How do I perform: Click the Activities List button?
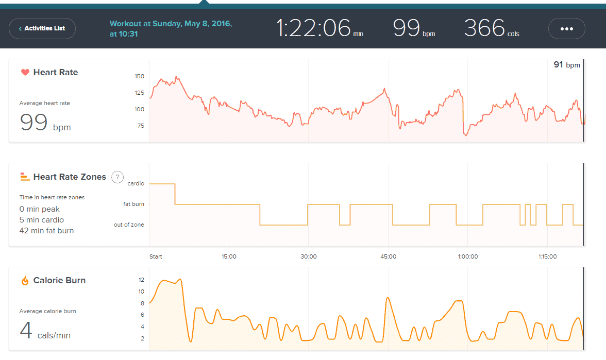tap(42, 28)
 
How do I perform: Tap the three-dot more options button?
tap(566, 29)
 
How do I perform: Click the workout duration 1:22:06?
tap(314, 28)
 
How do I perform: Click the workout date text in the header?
tap(171, 29)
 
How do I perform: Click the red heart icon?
tap(25, 73)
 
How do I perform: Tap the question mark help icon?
tap(117, 177)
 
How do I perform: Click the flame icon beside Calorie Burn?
tap(25, 281)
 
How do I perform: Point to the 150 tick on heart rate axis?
tap(139, 76)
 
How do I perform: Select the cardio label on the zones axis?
tap(136, 183)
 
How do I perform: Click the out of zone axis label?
tap(129, 225)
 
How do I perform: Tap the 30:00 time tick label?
tap(309, 256)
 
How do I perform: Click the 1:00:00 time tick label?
tap(468, 256)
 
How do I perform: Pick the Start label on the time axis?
tap(156, 256)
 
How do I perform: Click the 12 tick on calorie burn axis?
tap(141, 280)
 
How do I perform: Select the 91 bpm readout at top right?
tap(566, 65)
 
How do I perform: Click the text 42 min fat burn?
tap(46, 231)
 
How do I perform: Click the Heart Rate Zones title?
tap(70, 177)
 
